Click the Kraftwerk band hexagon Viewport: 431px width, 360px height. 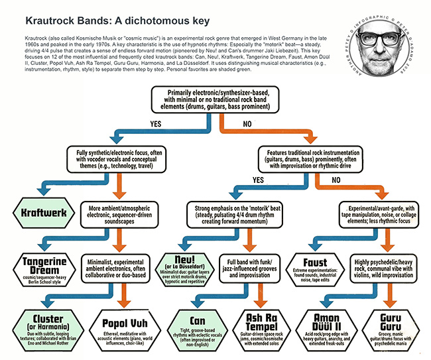(x=42, y=215)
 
